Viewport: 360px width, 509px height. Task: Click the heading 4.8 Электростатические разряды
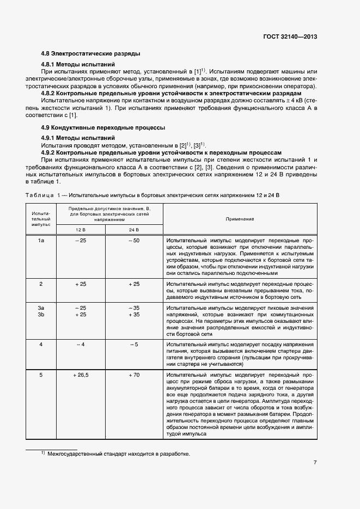click(x=91, y=54)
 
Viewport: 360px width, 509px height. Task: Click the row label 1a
click(x=40, y=240)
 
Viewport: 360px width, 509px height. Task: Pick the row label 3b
click(x=40, y=314)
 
